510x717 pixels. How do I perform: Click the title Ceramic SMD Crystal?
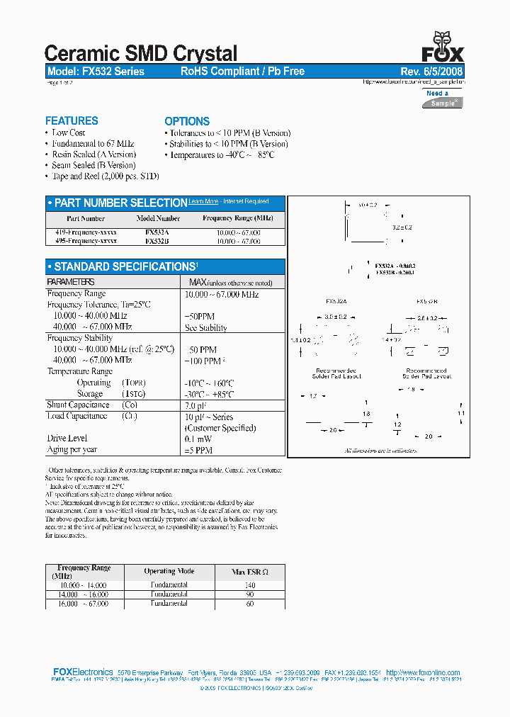pyautogui.click(x=141, y=53)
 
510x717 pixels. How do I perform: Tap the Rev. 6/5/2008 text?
pyautogui.click(x=432, y=72)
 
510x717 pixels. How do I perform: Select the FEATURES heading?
pyautogui.click(x=72, y=120)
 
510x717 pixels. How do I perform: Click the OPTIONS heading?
pyautogui.click(x=187, y=121)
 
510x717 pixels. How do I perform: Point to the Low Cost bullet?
pyautogui.click(x=68, y=132)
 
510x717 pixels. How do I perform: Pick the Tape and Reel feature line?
pyautogui.click(x=105, y=176)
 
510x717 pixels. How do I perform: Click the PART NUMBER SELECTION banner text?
pyautogui.click(x=120, y=203)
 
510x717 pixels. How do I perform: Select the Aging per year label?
pyautogui.click(x=72, y=450)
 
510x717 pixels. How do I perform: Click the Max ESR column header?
pyautogui.click(x=249, y=572)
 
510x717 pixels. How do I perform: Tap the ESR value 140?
pyautogui.click(x=249, y=585)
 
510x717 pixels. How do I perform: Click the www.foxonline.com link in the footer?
pyautogui.click(x=423, y=672)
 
